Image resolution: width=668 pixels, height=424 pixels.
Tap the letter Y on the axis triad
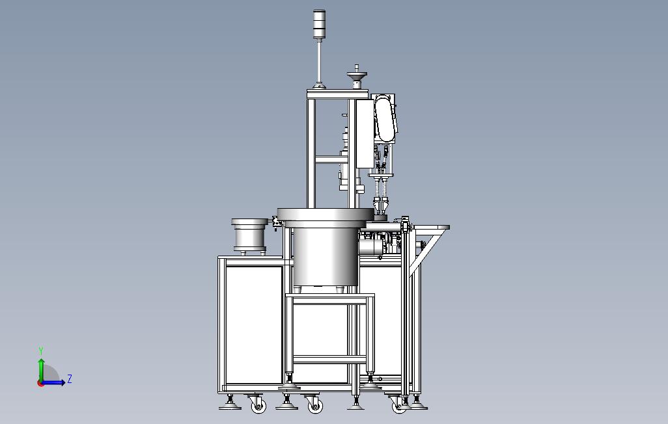click(x=41, y=351)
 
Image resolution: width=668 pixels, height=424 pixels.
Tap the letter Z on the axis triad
click(x=69, y=378)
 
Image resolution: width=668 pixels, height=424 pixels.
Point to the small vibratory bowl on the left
click(x=249, y=235)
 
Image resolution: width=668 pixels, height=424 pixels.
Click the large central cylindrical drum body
click(x=325, y=257)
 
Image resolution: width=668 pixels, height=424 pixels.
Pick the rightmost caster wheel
click(x=399, y=406)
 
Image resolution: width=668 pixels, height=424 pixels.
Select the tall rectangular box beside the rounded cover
click(x=364, y=133)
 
